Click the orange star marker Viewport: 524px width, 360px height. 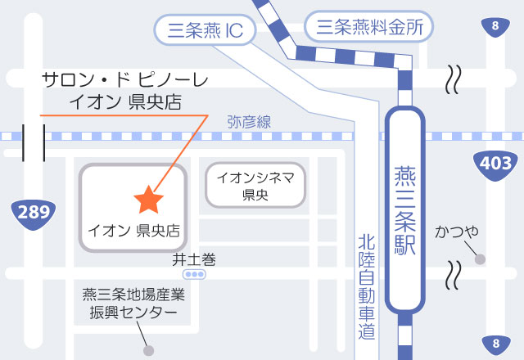[x=148, y=199]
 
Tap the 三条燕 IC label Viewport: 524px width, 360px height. [x=205, y=31]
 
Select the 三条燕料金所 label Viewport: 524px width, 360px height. [x=368, y=27]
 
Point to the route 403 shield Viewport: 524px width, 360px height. [x=496, y=164]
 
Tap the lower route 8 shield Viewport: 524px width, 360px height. [x=495, y=343]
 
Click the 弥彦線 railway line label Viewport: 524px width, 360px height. [x=249, y=122]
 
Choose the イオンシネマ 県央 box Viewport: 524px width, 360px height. [x=255, y=185]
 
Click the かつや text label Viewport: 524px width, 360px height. [x=457, y=232]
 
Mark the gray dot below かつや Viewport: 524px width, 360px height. [x=480, y=259]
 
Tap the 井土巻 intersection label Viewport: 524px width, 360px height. [x=194, y=259]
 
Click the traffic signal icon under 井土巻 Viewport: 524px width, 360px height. [x=195, y=275]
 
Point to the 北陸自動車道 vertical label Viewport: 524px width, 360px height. [x=366, y=287]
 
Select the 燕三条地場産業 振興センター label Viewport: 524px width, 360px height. [x=133, y=303]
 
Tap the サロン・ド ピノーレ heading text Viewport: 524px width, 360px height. [x=125, y=80]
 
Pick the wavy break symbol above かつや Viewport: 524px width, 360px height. [x=451, y=80]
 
